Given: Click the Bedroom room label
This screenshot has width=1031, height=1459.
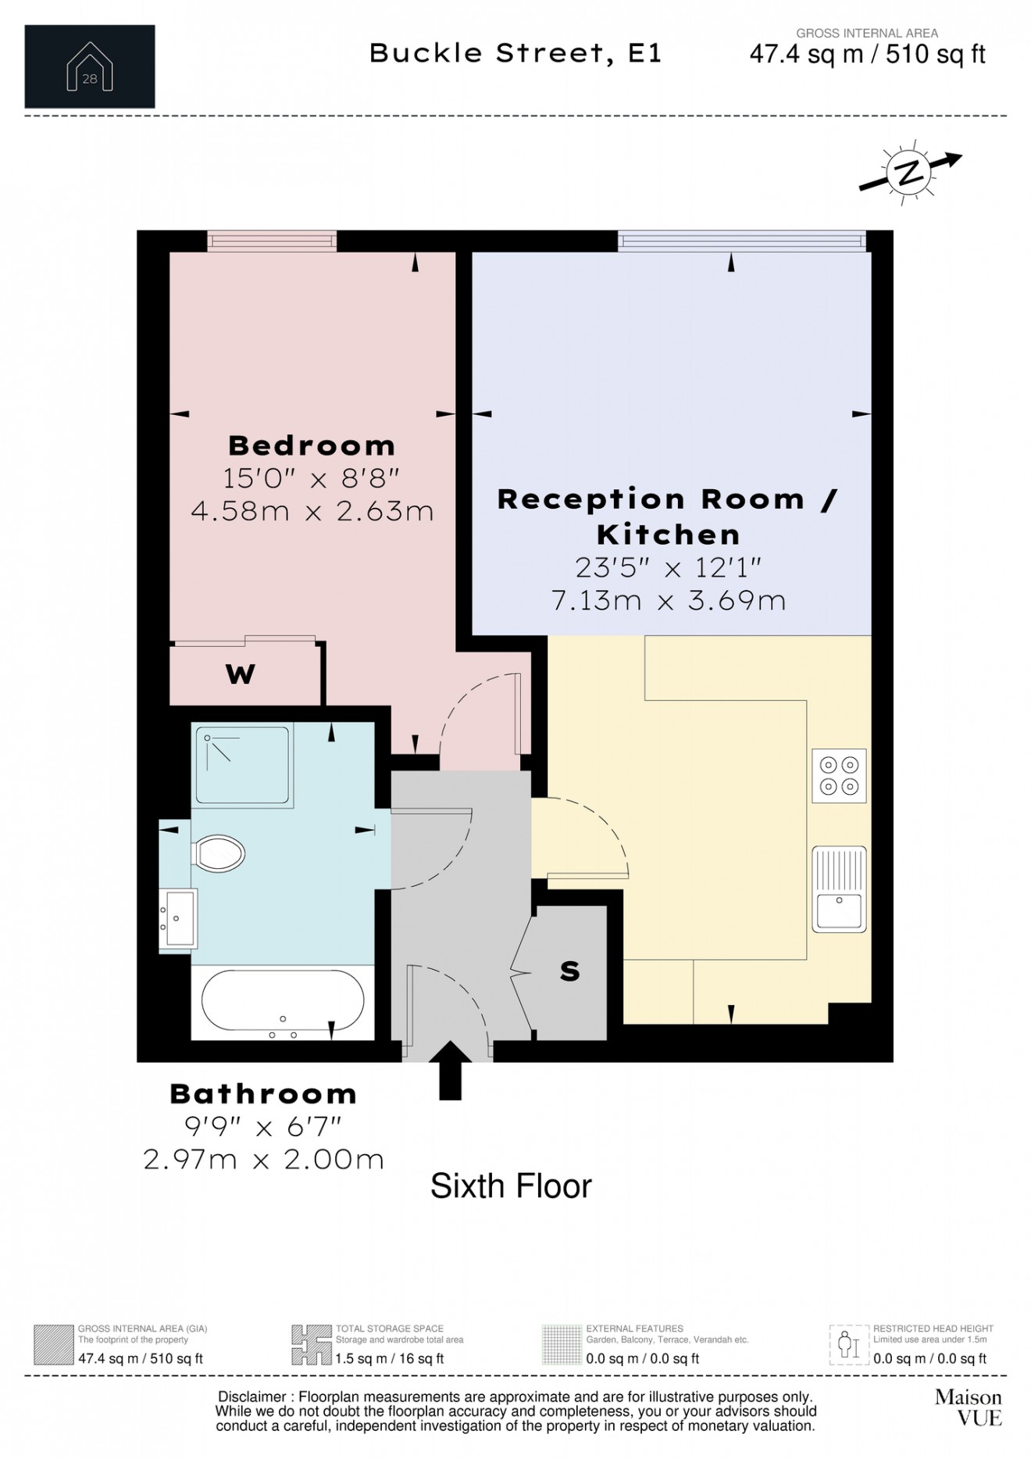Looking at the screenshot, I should (x=312, y=445).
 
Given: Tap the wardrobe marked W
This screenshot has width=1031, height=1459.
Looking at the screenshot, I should (x=240, y=674).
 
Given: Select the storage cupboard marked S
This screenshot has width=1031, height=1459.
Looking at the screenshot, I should (x=570, y=971).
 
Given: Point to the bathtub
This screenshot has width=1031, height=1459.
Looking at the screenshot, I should (x=282, y=1004).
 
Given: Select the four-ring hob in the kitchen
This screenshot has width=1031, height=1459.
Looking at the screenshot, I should (x=839, y=775).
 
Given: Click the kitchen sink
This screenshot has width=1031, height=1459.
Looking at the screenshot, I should (x=839, y=889).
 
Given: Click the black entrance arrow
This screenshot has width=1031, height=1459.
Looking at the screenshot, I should (x=451, y=1071).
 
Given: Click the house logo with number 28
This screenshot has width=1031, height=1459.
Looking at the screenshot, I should (x=90, y=66).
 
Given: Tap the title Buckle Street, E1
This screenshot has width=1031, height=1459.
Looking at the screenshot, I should (x=515, y=53).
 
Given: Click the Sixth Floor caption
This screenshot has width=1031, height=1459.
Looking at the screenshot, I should (x=511, y=1186).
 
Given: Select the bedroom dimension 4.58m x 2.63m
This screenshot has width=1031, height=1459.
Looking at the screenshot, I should (x=312, y=511).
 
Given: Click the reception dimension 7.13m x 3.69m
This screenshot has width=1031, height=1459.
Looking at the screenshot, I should (x=668, y=600).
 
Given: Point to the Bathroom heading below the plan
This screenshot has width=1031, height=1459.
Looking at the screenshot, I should (x=263, y=1093).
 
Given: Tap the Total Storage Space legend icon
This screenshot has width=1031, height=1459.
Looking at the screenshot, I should (x=311, y=1344).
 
